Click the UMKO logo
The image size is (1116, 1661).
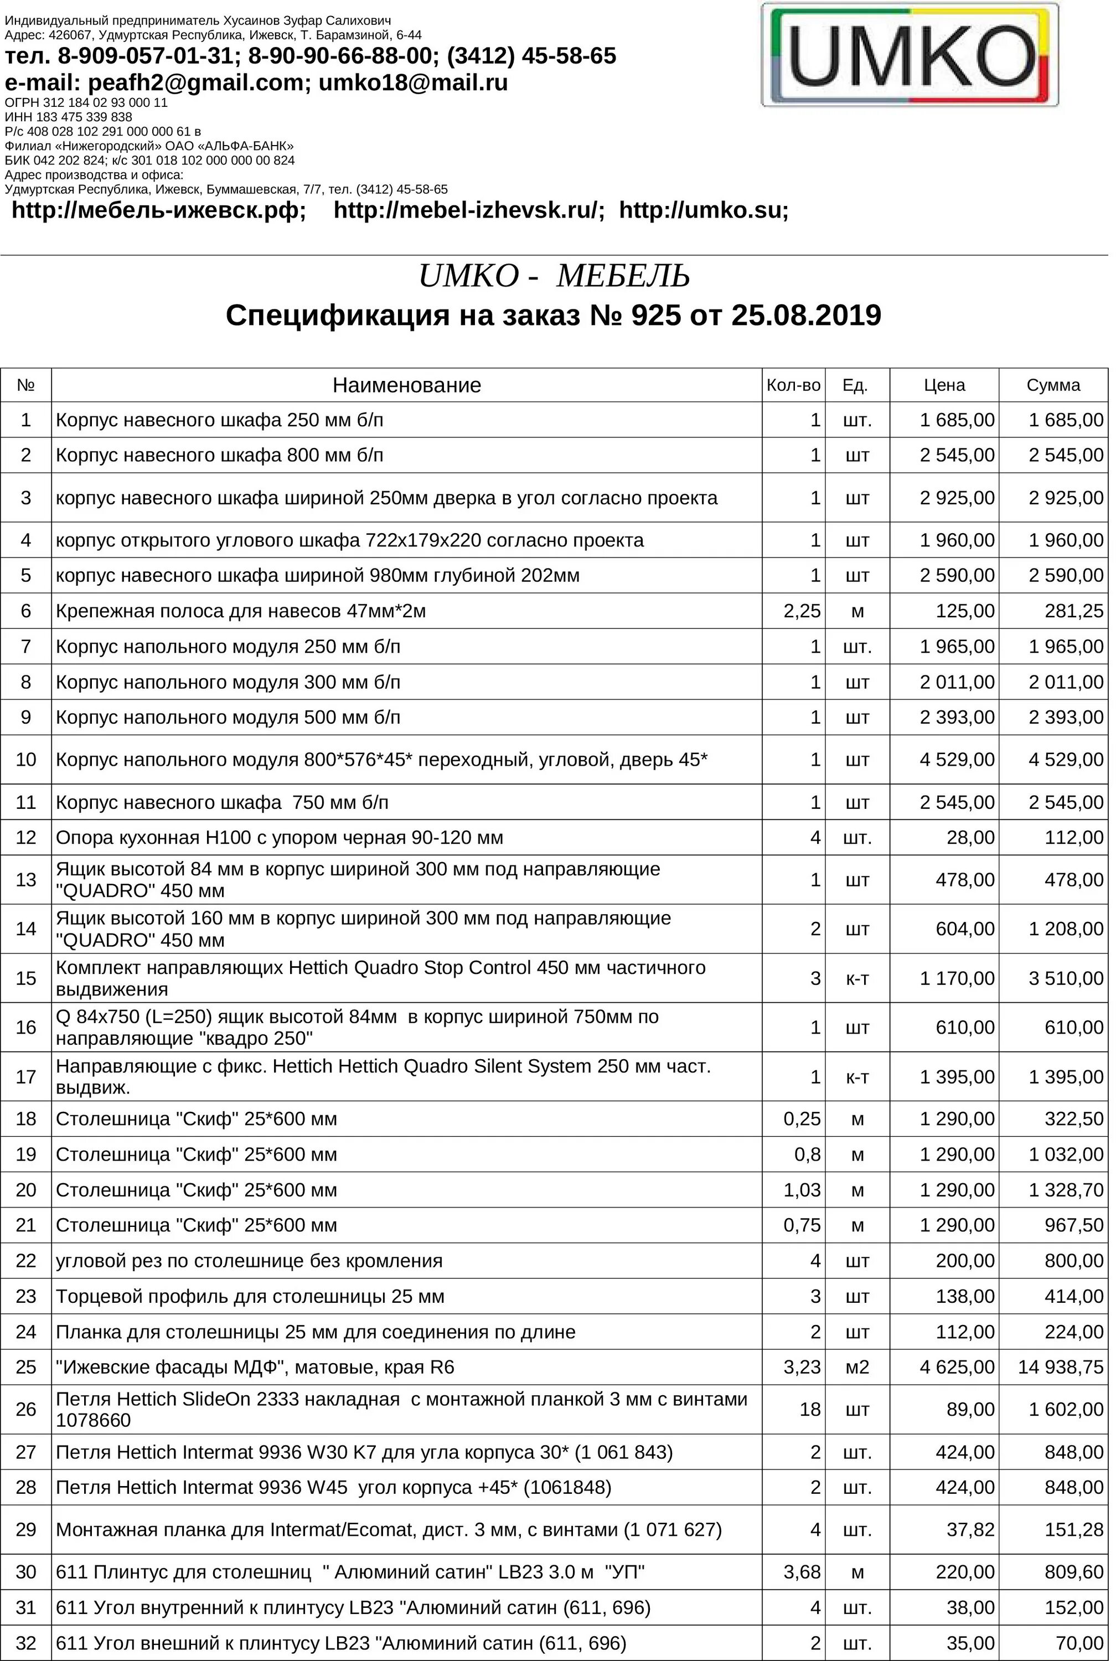910,55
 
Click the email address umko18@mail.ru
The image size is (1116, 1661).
413,82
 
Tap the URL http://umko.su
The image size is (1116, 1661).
703,210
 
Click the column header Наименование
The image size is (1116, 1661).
406,385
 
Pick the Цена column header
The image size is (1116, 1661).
944,385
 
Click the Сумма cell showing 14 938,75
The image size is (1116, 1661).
1061,1367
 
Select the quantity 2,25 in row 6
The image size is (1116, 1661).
802,611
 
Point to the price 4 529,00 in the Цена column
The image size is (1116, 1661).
957,759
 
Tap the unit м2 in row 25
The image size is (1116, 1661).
857,1367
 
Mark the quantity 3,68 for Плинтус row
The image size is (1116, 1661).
802,1572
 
